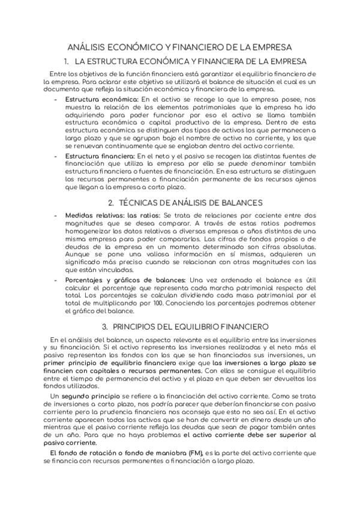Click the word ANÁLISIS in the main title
coord(88,46)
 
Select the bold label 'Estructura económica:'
coord(102,98)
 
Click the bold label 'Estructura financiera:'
coord(102,155)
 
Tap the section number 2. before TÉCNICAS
coord(111,203)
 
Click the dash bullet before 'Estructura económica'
coord(56,98)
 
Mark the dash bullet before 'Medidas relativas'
coord(56,215)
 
